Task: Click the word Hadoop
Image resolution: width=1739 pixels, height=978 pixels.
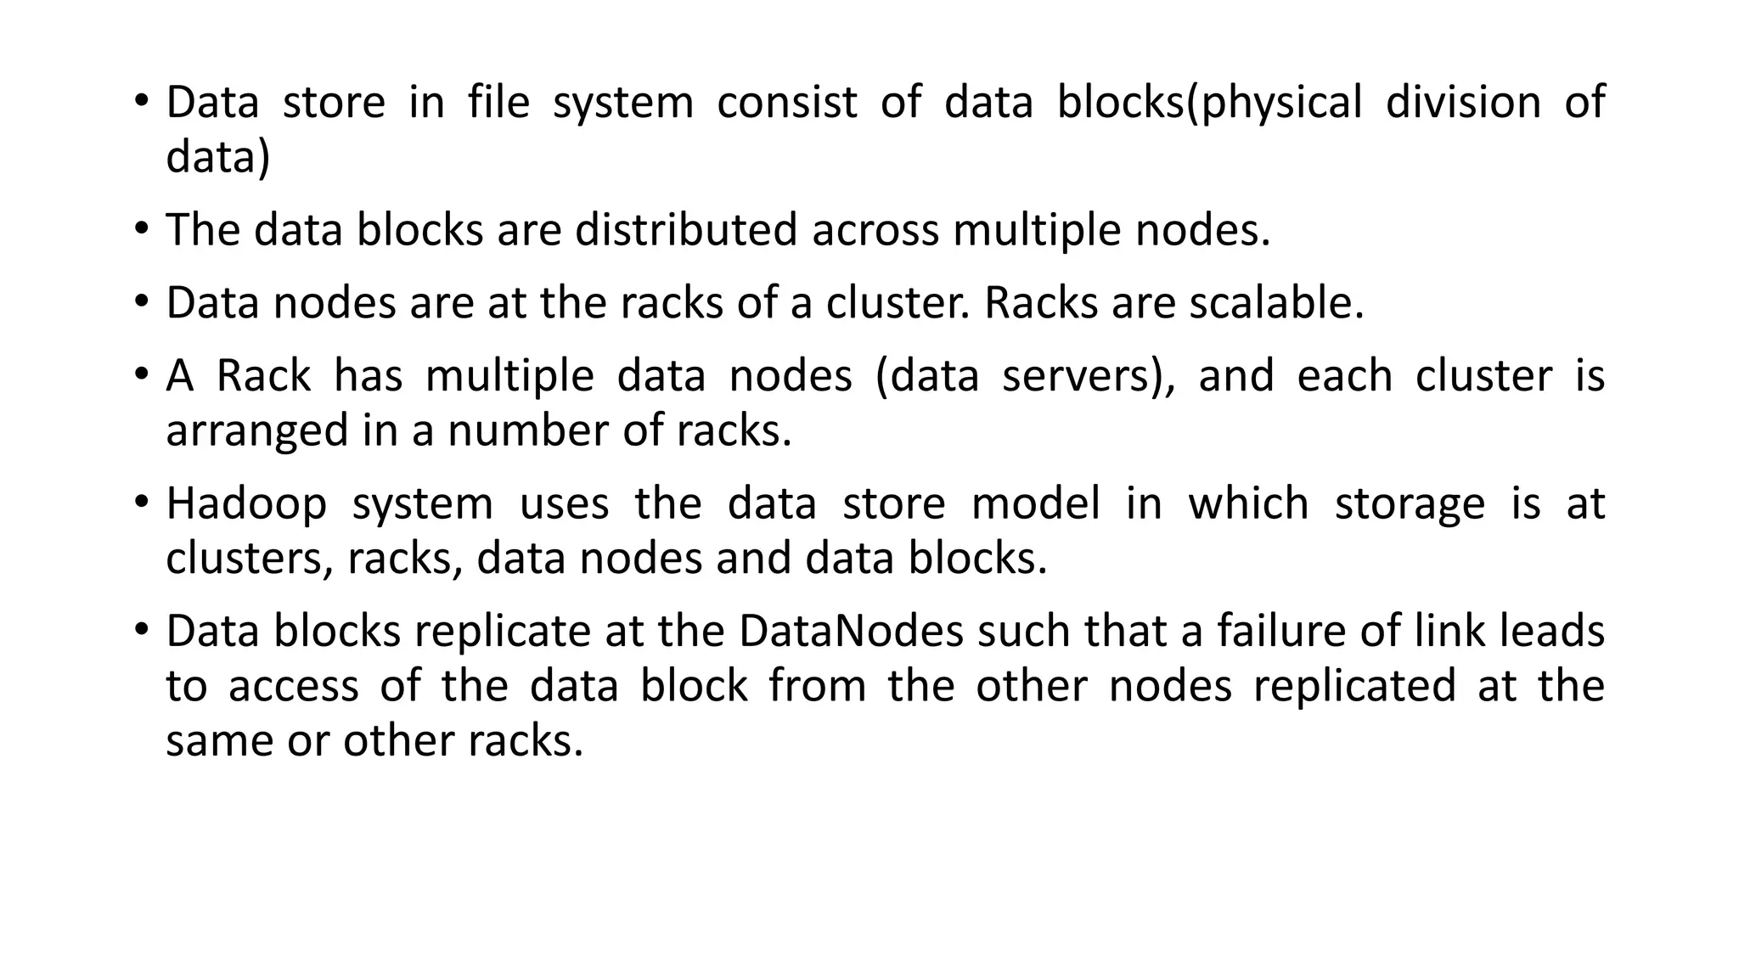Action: (x=246, y=503)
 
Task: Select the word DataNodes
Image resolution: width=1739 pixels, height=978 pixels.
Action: (x=851, y=631)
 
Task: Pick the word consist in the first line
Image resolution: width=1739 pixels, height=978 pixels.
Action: (x=786, y=102)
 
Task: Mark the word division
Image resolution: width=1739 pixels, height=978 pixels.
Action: (x=1463, y=102)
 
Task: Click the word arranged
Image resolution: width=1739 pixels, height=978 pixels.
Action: (x=256, y=431)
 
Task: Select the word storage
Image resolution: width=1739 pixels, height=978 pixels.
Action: (x=1410, y=503)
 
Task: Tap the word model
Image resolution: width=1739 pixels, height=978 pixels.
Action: (x=1035, y=503)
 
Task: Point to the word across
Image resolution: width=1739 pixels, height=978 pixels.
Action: (x=875, y=229)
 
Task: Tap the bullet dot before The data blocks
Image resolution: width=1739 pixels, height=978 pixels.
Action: (x=141, y=228)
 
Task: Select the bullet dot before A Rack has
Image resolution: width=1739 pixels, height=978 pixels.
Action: (x=141, y=374)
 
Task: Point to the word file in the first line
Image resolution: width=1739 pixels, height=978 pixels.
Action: (x=498, y=102)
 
